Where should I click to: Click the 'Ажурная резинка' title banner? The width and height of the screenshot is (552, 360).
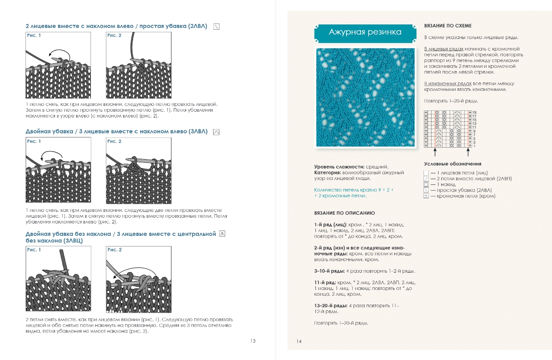(365, 32)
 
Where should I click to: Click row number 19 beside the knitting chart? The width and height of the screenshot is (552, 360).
(474, 113)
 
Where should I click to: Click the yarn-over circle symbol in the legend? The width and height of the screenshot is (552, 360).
(426, 184)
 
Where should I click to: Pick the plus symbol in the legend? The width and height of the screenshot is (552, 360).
(426, 196)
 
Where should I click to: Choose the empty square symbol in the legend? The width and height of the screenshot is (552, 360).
(426, 173)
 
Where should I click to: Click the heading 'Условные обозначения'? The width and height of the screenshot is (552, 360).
(452, 164)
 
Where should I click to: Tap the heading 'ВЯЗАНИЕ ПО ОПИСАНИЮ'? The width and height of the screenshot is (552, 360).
(344, 213)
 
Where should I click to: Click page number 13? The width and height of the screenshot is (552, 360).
(253, 341)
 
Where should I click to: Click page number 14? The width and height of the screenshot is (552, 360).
(299, 341)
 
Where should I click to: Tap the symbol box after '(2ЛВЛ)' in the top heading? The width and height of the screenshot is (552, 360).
(216, 26)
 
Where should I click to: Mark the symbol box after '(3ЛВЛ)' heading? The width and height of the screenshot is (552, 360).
(216, 132)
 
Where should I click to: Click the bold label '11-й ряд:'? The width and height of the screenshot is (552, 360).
(325, 282)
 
